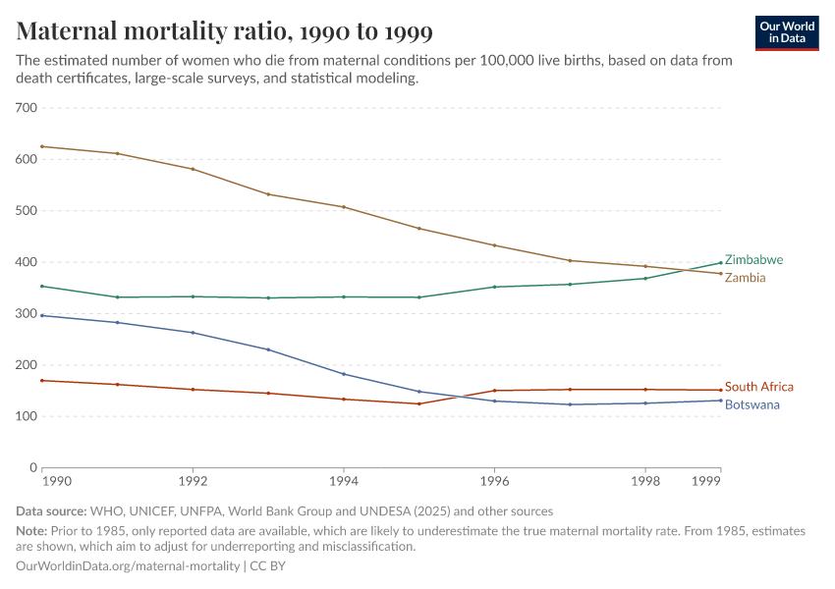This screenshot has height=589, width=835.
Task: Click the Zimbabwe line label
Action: pyautogui.click(x=753, y=260)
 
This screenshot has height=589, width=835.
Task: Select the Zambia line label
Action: pyautogui.click(x=745, y=278)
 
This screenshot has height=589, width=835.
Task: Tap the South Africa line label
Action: pyautogui.click(x=758, y=387)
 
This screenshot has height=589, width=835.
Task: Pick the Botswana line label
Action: pyautogui.click(x=752, y=404)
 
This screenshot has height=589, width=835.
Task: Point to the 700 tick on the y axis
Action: pyautogui.click(x=27, y=108)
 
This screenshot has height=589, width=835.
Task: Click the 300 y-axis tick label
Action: pyautogui.click(x=27, y=313)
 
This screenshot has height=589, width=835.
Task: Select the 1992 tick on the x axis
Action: pyautogui.click(x=193, y=482)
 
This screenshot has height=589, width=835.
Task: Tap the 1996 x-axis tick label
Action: pyautogui.click(x=494, y=482)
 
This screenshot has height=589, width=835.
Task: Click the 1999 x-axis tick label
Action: pyautogui.click(x=705, y=482)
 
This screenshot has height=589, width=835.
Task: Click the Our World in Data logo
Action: pyautogui.click(x=786, y=32)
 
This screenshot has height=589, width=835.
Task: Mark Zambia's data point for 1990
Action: pyautogui.click(x=42, y=146)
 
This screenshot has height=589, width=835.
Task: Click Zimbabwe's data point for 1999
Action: pyautogui.click(x=720, y=262)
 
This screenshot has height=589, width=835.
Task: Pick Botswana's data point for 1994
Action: pyautogui.click(x=344, y=374)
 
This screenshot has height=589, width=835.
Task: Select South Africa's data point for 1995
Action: pyautogui.click(x=418, y=403)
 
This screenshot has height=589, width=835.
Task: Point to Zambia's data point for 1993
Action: pyautogui.click(x=268, y=194)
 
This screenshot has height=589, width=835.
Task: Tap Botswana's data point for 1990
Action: pyautogui.click(x=42, y=315)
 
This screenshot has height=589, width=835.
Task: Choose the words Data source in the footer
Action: pyautogui.click(x=51, y=510)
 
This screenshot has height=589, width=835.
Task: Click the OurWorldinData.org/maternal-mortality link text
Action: pyautogui.click(x=128, y=566)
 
